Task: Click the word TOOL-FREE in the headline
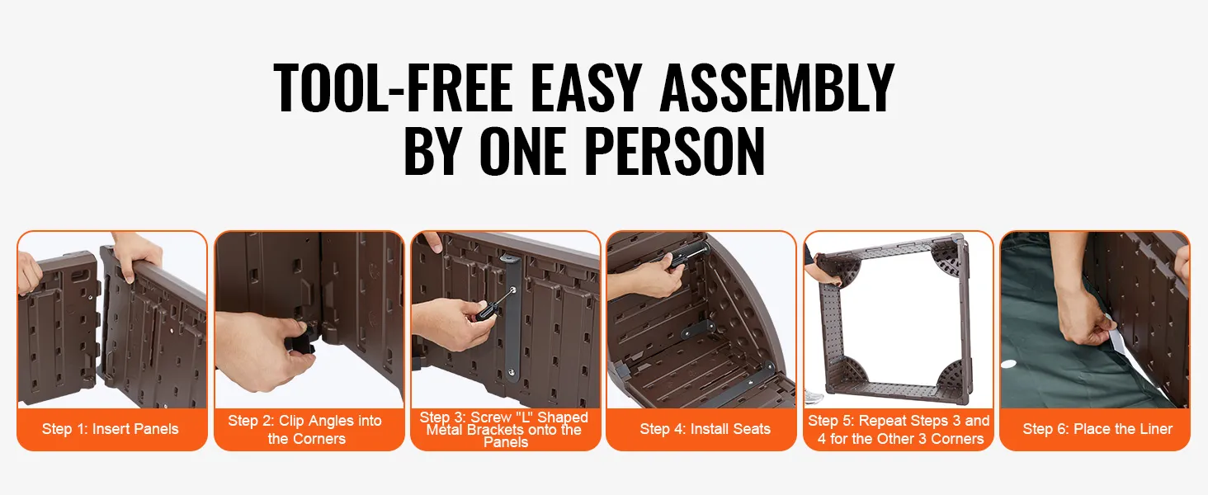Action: [x=393, y=87]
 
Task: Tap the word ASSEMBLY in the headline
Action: [x=777, y=87]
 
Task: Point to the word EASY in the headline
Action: [x=586, y=87]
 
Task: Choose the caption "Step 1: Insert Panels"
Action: [x=110, y=429]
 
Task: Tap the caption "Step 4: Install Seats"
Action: [x=705, y=429]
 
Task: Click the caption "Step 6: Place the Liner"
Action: [x=1097, y=429]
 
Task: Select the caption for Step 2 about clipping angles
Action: [x=306, y=430]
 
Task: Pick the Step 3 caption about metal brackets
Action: [x=504, y=430]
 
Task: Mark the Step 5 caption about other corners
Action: [x=899, y=430]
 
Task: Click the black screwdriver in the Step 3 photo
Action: [x=491, y=305]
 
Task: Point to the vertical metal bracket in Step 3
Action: [x=511, y=318]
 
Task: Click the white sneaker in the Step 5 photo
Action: [x=814, y=398]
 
